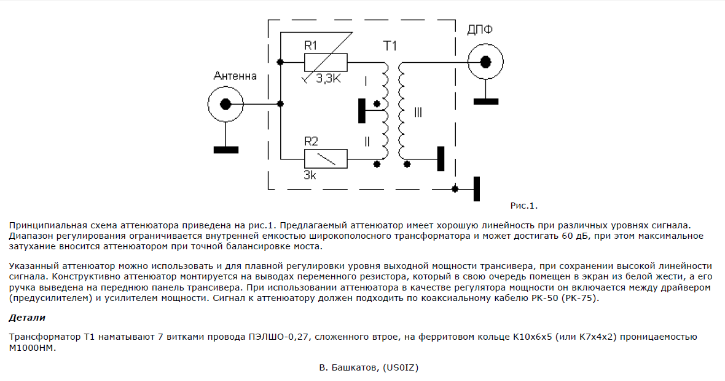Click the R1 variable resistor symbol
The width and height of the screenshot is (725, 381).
pyautogui.click(x=326, y=62)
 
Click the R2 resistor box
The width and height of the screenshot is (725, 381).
pyautogui.click(x=326, y=159)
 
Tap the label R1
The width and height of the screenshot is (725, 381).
pyautogui.click(x=311, y=46)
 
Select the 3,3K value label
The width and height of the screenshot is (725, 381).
pyautogui.click(x=328, y=79)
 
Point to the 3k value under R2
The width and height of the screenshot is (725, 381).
pyautogui.click(x=310, y=175)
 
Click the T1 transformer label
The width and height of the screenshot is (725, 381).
pyautogui.click(x=390, y=46)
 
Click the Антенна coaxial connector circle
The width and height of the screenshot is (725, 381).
pyautogui.click(x=225, y=104)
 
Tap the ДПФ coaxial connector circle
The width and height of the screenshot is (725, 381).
pyautogui.click(x=485, y=62)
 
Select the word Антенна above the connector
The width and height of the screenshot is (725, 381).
pyautogui.click(x=235, y=76)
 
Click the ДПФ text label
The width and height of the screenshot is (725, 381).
pyautogui.click(x=479, y=30)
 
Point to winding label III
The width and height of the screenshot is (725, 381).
pyautogui.click(x=418, y=112)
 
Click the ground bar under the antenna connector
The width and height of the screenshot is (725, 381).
pyautogui.click(x=226, y=150)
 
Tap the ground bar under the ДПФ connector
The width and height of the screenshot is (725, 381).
pyautogui.click(x=486, y=102)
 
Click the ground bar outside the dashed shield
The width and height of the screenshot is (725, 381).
pyautogui.click(x=477, y=189)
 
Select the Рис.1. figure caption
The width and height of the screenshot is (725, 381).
pyautogui.click(x=524, y=206)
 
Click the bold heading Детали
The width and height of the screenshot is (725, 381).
pyautogui.click(x=27, y=318)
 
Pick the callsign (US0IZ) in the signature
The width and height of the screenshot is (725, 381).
pyautogui.click(x=401, y=367)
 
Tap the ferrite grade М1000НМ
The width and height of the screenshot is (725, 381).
pyautogui.click(x=32, y=348)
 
